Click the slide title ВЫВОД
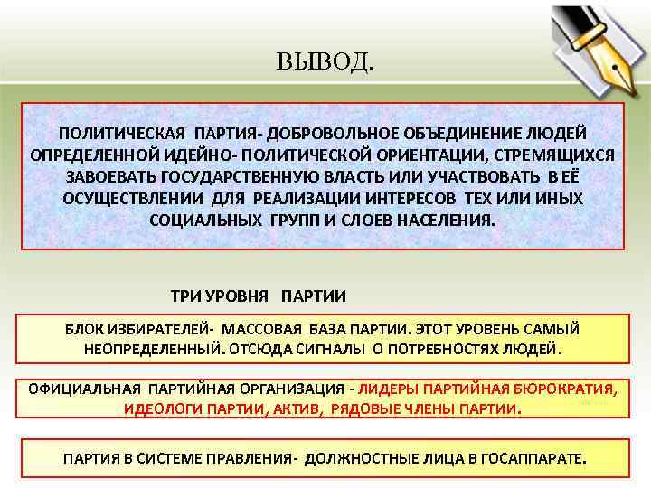324,62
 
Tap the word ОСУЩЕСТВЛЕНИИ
135,198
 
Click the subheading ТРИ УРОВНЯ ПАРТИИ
259,296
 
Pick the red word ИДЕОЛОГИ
158,408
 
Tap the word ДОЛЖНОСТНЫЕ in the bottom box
355,458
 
